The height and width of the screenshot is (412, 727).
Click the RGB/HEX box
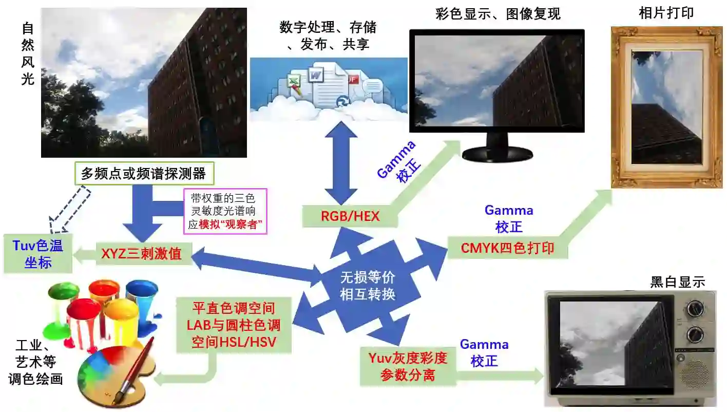(350, 216)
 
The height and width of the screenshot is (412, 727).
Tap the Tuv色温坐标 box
(38, 253)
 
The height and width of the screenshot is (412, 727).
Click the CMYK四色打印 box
(507, 248)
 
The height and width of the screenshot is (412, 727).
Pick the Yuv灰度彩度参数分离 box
(408, 366)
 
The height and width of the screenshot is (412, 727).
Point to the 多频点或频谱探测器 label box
(144, 174)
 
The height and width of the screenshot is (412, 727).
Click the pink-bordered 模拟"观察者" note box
(225, 211)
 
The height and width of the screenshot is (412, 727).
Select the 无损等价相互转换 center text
(368, 286)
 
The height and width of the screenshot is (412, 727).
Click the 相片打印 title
(666, 13)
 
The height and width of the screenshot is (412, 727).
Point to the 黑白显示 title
(677, 282)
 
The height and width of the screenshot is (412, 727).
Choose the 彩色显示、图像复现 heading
(498, 14)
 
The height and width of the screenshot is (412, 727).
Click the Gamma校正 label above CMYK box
(509, 218)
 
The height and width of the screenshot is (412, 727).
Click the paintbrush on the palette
(135, 365)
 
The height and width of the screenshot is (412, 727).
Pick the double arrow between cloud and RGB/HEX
(340, 163)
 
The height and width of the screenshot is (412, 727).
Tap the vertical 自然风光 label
(28, 54)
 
